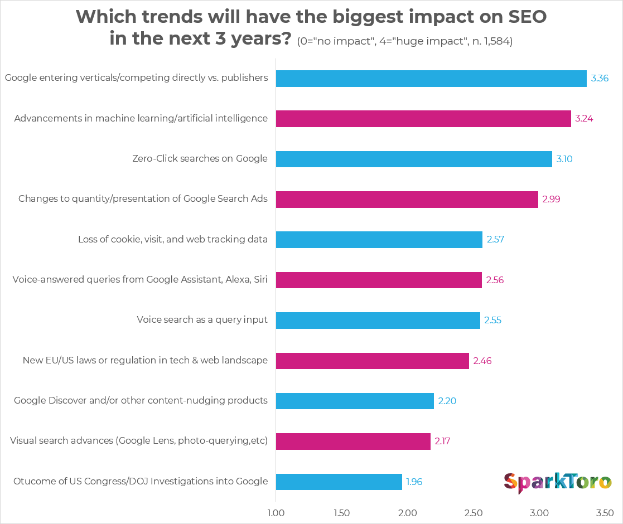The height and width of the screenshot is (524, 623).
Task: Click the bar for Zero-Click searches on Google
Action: click(x=414, y=159)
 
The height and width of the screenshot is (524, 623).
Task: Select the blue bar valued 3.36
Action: click(x=431, y=78)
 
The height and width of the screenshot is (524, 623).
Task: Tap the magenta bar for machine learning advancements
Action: click(x=423, y=119)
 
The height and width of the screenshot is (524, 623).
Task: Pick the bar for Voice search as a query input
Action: click(x=378, y=321)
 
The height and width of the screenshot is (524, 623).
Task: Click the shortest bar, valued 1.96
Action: click(x=339, y=482)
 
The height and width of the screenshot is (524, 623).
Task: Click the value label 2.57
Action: click(x=495, y=240)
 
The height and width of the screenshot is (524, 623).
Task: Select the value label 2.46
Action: click(x=482, y=361)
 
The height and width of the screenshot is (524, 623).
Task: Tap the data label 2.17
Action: click(x=443, y=441)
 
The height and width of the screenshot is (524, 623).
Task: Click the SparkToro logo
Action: click(x=557, y=482)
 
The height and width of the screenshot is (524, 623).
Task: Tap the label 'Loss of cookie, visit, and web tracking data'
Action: click(x=173, y=240)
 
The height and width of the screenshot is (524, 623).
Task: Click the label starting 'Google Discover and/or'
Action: click(x=141, y=401)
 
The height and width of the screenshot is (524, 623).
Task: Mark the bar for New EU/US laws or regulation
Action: click(x=372, y=361)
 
